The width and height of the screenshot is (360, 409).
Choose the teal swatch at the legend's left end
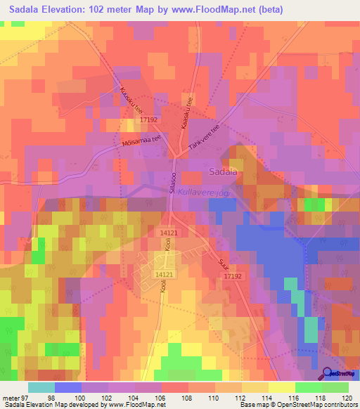coord(41,387)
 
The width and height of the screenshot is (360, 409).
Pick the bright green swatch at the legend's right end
coord(335,387)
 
